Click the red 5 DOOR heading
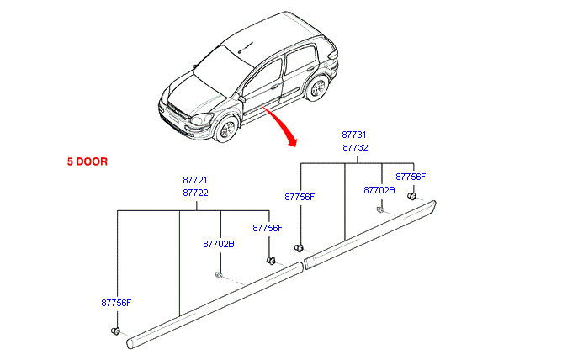(87, 161)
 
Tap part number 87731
(353, 135)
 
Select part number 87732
(355, 147)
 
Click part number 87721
(195, 180)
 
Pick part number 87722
(195, 193)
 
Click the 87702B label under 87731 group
(379, 190)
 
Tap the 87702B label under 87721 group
(219, 244)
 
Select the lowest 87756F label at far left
(116, 303)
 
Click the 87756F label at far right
(411, 177)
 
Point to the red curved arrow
(282, 124)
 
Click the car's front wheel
(226, 129)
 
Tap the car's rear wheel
(316, 87)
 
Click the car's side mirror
(241, 98)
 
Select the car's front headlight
(202, 119)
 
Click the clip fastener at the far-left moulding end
(115, 331)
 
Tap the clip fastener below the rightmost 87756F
(411, 196)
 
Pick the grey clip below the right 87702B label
(379, 210)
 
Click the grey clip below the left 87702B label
(218, 275)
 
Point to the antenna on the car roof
(245, 48)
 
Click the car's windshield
(222, 69)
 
